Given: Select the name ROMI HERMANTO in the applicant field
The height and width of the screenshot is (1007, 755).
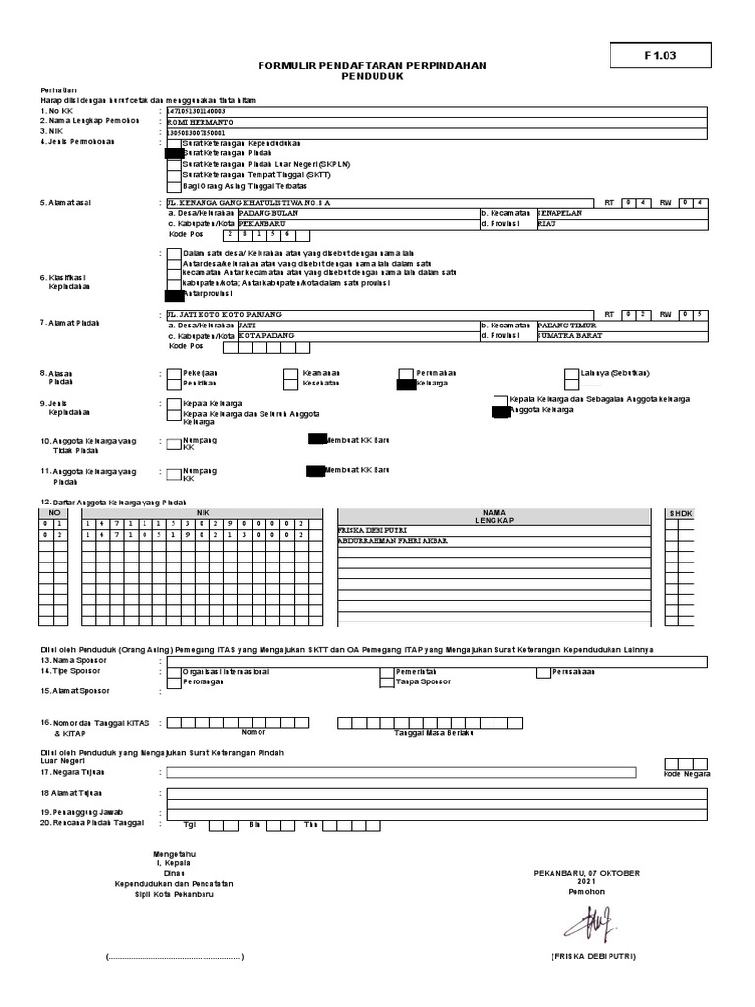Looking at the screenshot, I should [x=197, y=120].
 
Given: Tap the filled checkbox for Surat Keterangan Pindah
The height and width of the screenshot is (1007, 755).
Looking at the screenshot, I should [x=174, y=153].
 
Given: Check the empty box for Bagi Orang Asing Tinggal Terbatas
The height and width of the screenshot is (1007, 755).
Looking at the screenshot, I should [x=174, y=185].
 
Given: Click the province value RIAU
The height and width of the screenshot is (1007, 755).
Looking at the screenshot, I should [x=547, y=224].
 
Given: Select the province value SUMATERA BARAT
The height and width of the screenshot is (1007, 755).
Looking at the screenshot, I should [x=569, y=335].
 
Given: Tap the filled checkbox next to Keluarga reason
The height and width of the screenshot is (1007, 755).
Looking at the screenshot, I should [x=406, y=385].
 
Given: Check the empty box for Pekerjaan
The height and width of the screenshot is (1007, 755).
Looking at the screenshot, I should [x=174, y=374].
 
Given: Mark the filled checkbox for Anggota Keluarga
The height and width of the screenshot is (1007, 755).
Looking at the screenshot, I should [x=499, y=411].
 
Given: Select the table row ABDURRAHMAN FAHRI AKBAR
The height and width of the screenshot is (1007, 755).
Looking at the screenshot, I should [x=393, y=540].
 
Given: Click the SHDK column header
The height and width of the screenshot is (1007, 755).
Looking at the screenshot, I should [x=680, y=513].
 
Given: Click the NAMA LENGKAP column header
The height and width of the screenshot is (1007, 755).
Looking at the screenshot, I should [x=499, y=516].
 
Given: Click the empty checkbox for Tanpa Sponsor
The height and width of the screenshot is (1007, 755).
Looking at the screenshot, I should [x=386, y=681].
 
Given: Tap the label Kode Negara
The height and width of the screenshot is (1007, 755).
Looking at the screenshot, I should [x=686, y=775].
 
